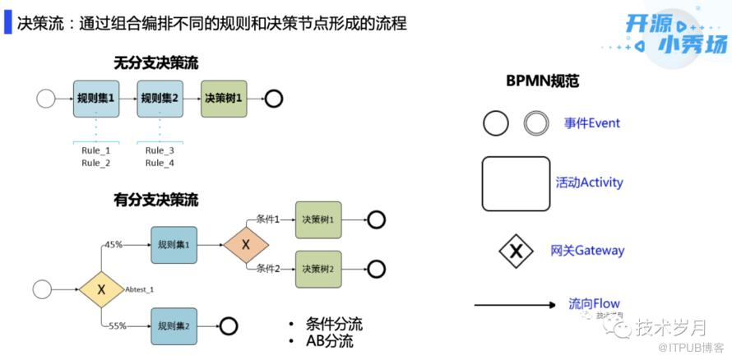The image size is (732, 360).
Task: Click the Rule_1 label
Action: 95,150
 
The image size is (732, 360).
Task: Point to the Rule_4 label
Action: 160,163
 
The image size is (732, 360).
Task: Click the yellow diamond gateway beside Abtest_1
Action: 102,289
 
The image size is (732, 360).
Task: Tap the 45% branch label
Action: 114,244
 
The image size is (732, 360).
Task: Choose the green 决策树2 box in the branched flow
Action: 318,269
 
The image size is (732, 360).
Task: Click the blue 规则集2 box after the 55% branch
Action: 174,325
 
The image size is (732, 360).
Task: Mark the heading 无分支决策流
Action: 156,62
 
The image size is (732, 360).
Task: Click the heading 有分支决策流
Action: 156,200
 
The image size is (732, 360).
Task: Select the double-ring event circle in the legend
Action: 536,123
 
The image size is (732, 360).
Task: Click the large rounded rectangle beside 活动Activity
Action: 516,183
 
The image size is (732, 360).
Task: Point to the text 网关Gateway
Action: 587,251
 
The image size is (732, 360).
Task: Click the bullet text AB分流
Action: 329,340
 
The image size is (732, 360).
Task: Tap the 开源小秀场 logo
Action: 675,35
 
